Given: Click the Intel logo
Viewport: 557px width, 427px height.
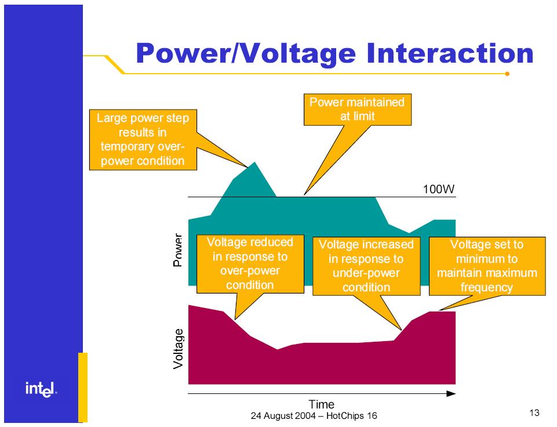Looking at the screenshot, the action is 41,389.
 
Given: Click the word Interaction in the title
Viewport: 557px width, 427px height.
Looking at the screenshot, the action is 450,53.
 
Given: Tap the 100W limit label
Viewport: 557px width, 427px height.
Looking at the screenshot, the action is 438,189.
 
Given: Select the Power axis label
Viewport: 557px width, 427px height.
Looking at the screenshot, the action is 177,250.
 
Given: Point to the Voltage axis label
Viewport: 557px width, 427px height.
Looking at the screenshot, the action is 178,349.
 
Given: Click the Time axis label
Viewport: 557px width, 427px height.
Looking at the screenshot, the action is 322,404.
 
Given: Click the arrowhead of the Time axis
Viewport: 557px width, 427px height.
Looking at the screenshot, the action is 451,393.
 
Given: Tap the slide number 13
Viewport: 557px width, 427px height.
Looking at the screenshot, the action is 534,412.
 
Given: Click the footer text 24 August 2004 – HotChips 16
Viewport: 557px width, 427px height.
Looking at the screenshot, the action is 314,415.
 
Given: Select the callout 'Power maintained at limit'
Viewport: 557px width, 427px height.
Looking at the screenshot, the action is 358,110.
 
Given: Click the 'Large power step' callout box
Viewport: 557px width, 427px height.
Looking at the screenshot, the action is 143,139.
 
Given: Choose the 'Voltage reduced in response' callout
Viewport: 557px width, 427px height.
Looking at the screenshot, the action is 250,264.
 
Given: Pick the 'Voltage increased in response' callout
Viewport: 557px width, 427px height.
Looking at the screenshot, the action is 366,266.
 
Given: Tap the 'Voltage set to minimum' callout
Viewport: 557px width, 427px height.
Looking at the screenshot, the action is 487,266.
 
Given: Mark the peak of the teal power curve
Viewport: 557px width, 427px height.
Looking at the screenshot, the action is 254,162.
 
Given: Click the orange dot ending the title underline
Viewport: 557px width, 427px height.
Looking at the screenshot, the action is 507,74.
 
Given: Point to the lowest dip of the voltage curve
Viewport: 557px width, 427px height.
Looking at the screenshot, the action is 277,349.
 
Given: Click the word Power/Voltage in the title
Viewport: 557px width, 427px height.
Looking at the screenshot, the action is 246,54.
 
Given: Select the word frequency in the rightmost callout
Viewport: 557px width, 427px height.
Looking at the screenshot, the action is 487,287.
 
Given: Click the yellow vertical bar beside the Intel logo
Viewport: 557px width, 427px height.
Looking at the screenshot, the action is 83,387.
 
